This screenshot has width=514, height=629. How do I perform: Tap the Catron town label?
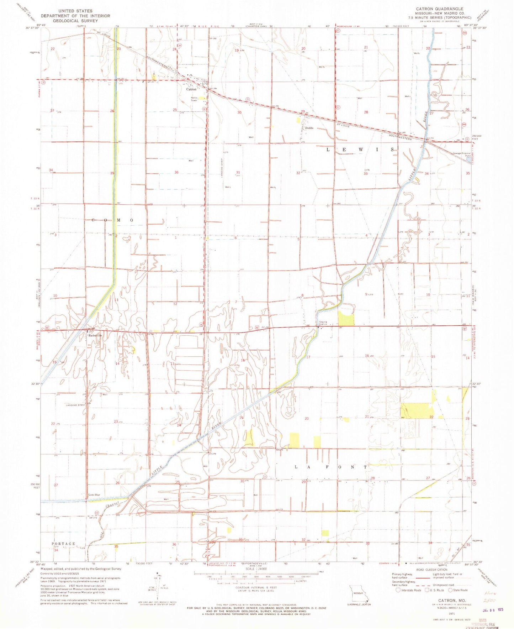(x=191, y=89)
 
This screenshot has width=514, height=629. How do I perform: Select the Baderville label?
(x=95, y=335)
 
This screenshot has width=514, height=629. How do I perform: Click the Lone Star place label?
(x=94, y=495)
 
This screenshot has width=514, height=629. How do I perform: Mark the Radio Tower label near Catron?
(x=194, y=99)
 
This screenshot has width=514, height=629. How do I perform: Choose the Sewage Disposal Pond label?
(x=462, y=154)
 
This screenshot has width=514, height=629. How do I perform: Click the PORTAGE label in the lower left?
(x=63, y=544)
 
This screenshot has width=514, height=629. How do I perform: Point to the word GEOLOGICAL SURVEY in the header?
(x=75, y=21)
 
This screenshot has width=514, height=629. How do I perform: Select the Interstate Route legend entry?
(x=409, y=590)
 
